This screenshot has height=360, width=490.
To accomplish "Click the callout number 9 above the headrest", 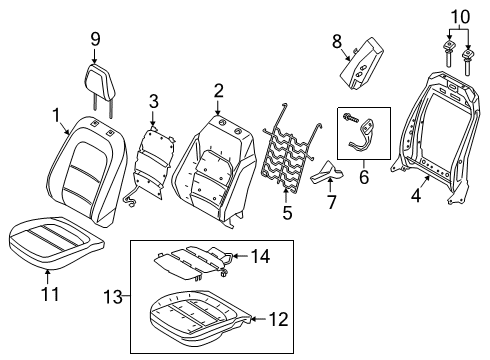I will (x=96, y=40).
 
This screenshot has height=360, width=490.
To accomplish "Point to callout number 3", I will (x=153, y=100).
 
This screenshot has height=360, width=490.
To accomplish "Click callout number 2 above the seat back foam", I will (x=218, y=91).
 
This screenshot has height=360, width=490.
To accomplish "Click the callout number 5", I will (x=286, y=211).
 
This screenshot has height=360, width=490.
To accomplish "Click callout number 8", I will (x=337, y=41).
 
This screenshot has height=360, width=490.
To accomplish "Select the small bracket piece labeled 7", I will (x=326, y=178).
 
